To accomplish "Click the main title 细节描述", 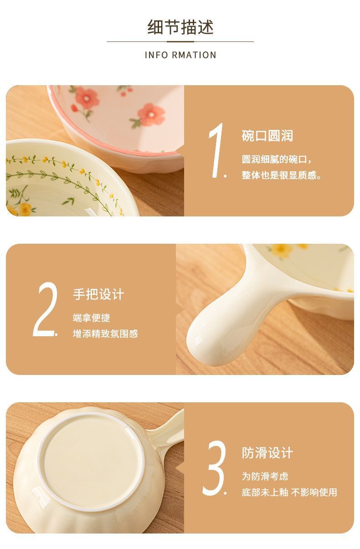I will point(180,27).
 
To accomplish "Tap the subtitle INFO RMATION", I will point(180,55).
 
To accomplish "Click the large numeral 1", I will point(216,150).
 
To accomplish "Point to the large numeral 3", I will point(214,468).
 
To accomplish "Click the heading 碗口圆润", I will point(267,136).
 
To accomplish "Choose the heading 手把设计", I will point(98,294).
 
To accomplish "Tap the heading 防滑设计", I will point(267,453).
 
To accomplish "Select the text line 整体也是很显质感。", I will point(282,175).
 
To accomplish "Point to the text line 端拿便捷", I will point(92,318).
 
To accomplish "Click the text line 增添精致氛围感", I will point(105,334).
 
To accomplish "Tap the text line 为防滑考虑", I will point(265,477).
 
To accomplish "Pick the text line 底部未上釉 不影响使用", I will point(289,493).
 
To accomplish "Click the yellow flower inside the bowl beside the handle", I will point(278,250).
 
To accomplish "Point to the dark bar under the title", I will point(180,41).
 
